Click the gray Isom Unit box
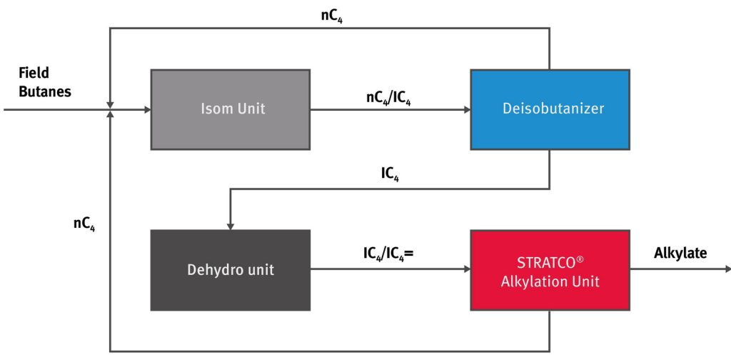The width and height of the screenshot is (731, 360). click(x=230, y=109)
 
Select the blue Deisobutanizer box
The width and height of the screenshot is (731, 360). click(x=549, y=109)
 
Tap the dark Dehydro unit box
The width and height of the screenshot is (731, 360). click(x=230, y=270)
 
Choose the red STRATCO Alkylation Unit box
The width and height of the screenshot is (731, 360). click(x=549, y=270)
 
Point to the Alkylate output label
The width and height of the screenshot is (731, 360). click(x=680, y=252)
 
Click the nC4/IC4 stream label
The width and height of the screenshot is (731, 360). click(x=388, y=99)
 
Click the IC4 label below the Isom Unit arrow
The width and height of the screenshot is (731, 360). click(x=390, y=174)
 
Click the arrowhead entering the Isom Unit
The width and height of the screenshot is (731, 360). click(x=147, y=110)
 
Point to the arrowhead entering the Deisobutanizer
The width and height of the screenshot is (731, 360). click(x=466, y=110)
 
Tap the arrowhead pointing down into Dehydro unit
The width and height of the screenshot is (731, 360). click(x=230, y=225)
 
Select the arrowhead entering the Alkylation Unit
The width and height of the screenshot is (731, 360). click(x=466, y=270)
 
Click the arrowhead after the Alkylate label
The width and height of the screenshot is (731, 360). click(x=727, y=270)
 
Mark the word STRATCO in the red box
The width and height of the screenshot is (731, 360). click(x=545, y=262)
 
